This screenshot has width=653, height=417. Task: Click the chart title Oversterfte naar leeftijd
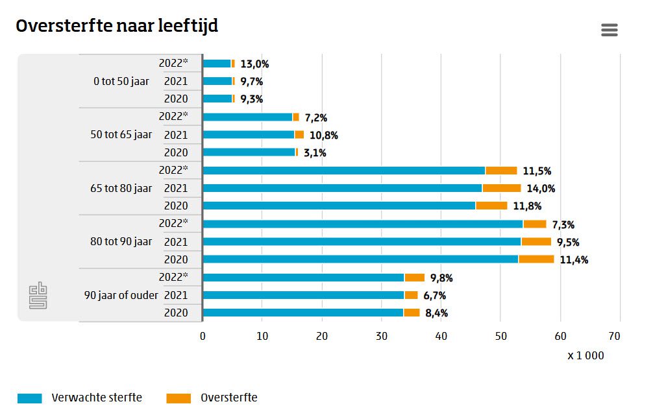pos(117,26)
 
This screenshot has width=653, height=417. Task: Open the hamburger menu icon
pos(609,30)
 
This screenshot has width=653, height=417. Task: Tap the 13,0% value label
pos(254,64)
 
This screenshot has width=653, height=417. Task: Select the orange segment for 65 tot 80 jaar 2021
pos(501,188)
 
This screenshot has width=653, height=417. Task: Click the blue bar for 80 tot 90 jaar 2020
pos(360,259)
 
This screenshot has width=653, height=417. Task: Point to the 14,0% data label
pos(542,188)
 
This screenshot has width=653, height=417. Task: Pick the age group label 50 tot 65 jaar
pos(121,135)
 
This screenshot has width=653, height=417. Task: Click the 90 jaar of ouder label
pos(121,295)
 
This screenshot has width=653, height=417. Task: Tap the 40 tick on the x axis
pos(441,336)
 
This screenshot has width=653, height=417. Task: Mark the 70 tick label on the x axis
pos(614,336)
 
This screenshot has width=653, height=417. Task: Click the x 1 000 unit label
pos(585,355)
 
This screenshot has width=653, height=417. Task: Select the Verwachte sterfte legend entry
pos(96,398)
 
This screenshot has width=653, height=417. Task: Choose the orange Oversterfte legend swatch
pos(179,398)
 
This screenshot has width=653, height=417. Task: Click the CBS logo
pos(38,295)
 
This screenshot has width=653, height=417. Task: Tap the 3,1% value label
pos(315,153)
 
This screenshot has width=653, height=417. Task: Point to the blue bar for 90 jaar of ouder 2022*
pos(303,278)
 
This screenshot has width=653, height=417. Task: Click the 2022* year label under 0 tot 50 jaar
pos(173,63)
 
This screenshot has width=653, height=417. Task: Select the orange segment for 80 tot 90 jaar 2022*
pos(534,224)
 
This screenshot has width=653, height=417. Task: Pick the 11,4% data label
pos(573,260)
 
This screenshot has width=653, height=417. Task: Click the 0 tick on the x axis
pos(203,336)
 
